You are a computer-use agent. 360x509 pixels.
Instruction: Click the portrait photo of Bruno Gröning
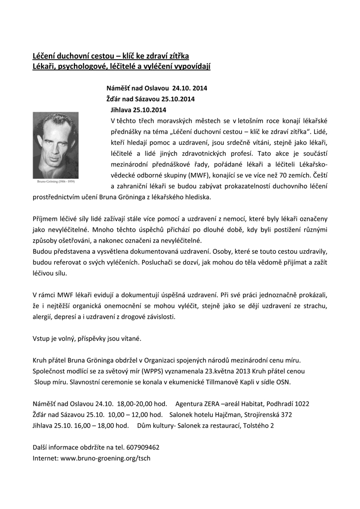[55, 142]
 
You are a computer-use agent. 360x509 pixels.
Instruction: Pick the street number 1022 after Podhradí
[301, 403]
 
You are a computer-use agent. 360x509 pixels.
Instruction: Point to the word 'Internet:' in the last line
[45, 458]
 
